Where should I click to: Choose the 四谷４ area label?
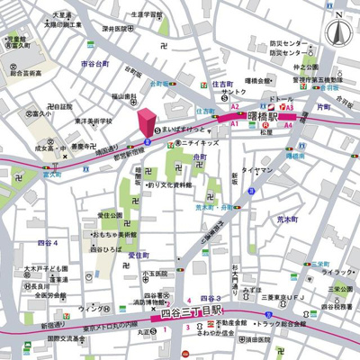pos(47,243)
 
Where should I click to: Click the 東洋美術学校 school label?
pos(93,120)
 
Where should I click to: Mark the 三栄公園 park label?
pos(340,289)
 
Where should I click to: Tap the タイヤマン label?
pos(257,169)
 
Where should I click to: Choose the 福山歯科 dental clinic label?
pos(123,95)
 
